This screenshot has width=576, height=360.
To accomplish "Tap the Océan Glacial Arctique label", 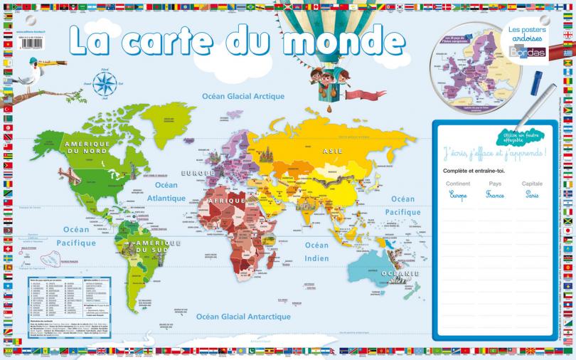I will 243,96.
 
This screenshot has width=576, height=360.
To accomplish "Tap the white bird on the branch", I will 30,72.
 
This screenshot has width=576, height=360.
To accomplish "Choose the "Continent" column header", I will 458,184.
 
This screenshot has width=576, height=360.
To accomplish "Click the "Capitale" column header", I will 532,184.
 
